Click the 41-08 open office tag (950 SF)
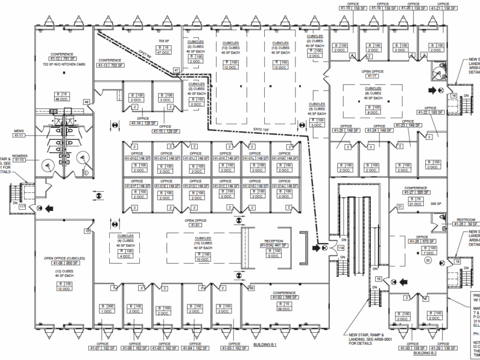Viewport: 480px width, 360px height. (62, 264)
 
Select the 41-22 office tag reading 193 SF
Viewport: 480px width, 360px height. (435, 112)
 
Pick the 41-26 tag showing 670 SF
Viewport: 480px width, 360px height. (420, 242)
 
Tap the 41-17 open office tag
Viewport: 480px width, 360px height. (373, 76)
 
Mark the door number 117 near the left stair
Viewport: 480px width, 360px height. (22, 207)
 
